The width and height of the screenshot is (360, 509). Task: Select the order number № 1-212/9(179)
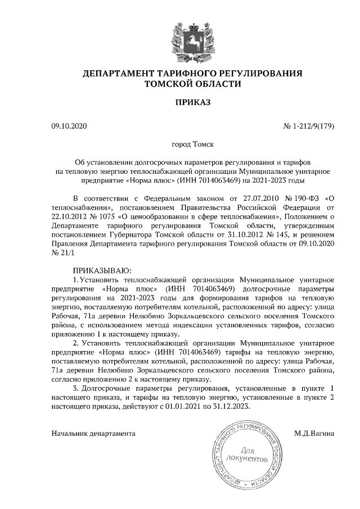(309, 127)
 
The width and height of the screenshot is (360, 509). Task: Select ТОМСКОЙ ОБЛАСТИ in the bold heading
(193, 84)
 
